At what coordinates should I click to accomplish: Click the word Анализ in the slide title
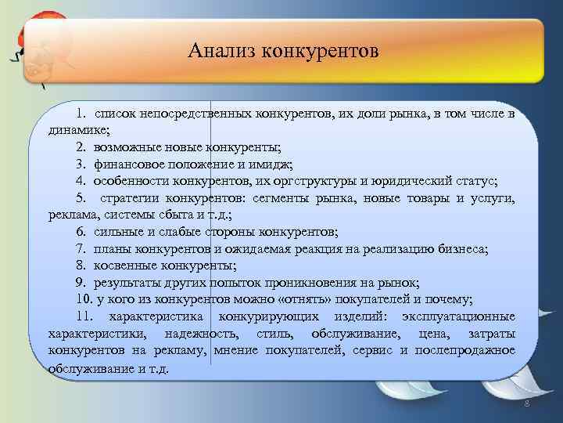point(222,52)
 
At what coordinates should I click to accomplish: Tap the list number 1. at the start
point(81,114)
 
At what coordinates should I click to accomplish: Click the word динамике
point(78,131)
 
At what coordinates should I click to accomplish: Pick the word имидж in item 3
point(271,164)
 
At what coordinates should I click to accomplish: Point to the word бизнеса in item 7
point(462,249)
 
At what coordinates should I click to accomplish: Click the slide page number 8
point(526,403)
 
